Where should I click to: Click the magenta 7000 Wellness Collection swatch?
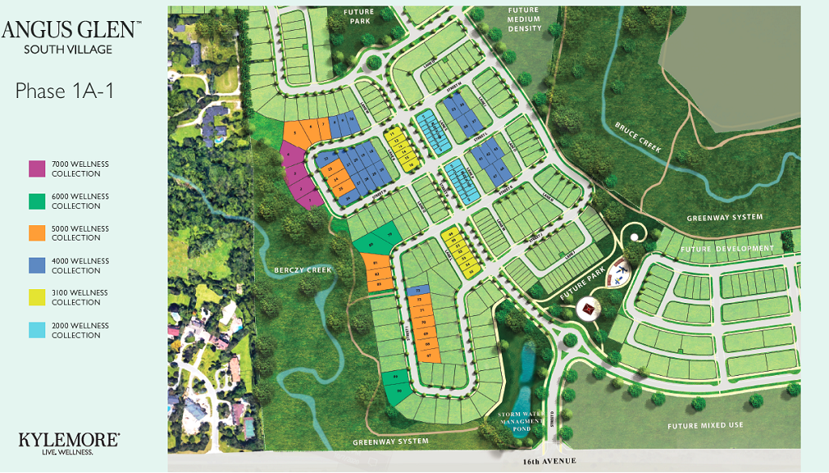(37, 168)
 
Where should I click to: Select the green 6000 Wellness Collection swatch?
(37, 201)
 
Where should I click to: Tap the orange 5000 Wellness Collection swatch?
(37, 233)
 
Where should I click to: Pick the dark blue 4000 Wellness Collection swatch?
(37, 266)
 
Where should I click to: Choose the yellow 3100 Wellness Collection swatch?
(37, 297)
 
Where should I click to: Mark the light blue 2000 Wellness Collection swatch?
(37, 330)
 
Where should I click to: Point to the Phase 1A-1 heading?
(65, 90)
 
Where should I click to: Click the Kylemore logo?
(69, 441)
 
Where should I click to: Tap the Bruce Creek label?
(639, 138)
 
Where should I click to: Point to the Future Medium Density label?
(524, 19)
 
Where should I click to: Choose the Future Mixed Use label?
(705, 425)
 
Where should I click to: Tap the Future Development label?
(728, 249)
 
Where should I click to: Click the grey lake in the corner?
(729, 73)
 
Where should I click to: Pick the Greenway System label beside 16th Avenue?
(390, 441)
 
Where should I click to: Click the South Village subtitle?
(68, 49)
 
